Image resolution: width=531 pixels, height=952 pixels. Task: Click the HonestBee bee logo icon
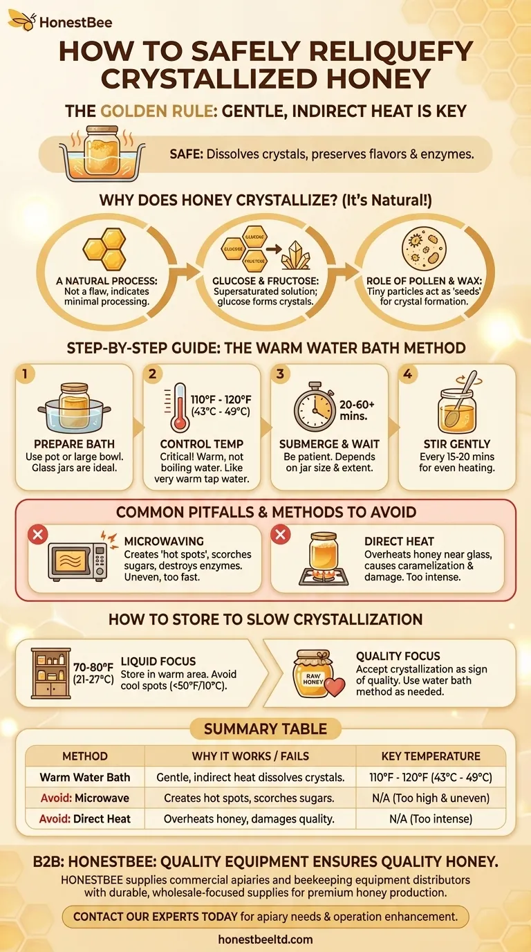(21, 22)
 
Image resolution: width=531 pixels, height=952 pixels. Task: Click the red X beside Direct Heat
(281, 534)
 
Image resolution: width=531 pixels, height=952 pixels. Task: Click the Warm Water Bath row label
(84, 777)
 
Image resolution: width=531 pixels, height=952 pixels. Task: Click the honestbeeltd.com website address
(265, 939)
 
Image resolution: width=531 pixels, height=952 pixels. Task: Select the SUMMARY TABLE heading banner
(265, 729)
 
